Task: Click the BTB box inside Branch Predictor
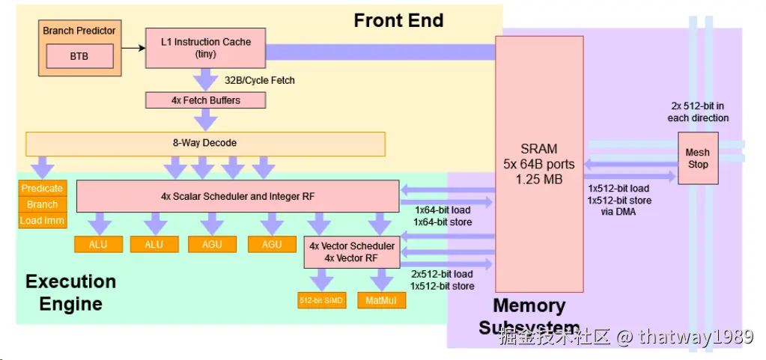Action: (x=79, y=55)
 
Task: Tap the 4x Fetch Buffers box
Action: (x=206, y=100)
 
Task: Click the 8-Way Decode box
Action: (x=206, y=144)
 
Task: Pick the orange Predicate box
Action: (x=42, y=189)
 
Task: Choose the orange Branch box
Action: (x=42, y=204)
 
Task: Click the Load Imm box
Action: (x=42, y=220)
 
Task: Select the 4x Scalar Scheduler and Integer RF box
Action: (x=237, y=196)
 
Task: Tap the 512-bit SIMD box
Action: (x=322, y=301)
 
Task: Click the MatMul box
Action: (x=381, y=301)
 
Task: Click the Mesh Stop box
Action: (x=697, y=158)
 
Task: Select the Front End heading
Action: (x=398, y=20)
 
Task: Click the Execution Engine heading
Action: (x=70, y=293)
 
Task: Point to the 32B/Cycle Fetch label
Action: (x=260, y=80)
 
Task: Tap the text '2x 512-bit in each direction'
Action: (x=698, y=112)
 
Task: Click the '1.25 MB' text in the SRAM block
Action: (x=538, y=180)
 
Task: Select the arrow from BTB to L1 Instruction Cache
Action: (x=132, y=49)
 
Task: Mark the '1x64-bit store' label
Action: (x=443, y=222)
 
